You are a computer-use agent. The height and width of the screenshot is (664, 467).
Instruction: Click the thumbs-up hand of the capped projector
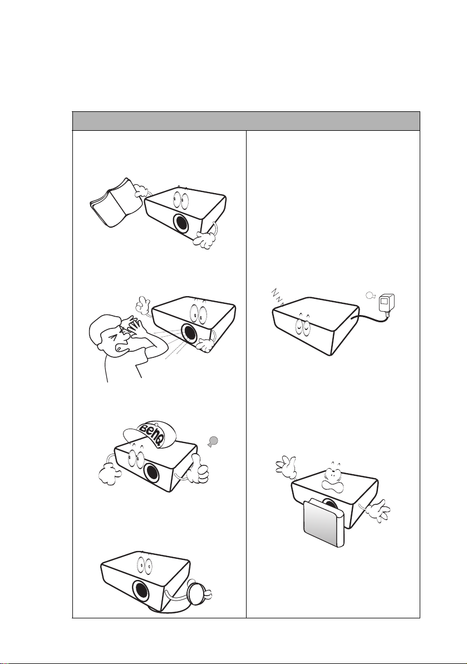pos(197,470)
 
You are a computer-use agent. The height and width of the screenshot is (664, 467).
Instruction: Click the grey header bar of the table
pos(246,121)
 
